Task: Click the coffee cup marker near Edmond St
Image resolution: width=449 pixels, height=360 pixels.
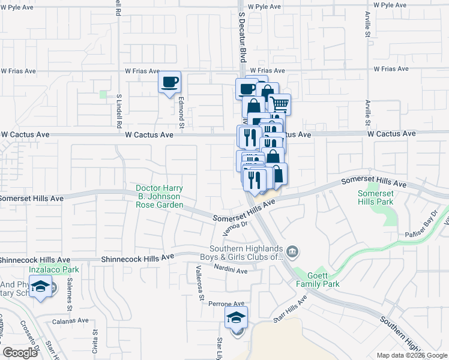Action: pos(170,82)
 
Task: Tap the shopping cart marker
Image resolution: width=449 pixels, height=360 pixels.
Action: pos(279,104)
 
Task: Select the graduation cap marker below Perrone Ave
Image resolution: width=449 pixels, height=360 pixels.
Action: pos(237,319)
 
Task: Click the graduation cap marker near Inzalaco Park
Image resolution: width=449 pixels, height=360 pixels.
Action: pos(41,289)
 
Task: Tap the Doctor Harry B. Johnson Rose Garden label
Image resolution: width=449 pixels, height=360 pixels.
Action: pos(159,196)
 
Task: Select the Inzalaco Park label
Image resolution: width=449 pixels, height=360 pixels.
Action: pos(59,269)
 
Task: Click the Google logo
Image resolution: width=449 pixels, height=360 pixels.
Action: pos(20,353)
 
